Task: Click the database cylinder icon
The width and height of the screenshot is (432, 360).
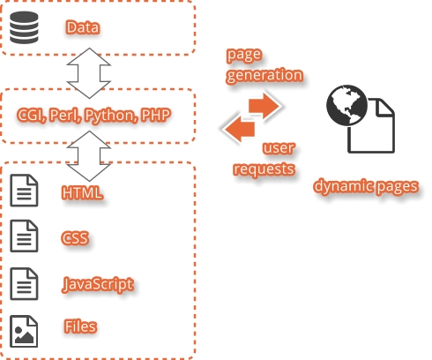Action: (x=24, y=27)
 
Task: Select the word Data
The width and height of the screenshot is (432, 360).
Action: (x=83, y=27)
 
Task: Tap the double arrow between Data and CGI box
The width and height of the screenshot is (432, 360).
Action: (x=89, y=73)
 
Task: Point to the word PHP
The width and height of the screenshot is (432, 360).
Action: (x=156, y=115)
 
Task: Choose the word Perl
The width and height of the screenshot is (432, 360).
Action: (x=64, y=115)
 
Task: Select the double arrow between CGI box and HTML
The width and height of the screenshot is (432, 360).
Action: (x=89, y=156)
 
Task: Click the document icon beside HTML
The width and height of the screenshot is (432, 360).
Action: (x=24, y=191)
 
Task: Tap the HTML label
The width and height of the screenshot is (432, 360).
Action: (x=82, y=192)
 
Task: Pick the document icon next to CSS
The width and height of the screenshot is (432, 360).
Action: (x=24, y=236)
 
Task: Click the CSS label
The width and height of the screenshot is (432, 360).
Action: (x=75, y=237)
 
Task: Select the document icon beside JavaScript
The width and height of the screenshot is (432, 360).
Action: (x=24, y=284)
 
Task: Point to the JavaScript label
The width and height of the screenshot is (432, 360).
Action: (x=98, y=284)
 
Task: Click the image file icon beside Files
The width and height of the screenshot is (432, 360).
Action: (x=24, y=332)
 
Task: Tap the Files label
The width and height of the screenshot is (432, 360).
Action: (x=80, y=326)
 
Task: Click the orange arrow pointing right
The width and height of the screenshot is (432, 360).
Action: (x=264, y=106)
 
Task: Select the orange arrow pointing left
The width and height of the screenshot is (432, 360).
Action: (x=240, y=130)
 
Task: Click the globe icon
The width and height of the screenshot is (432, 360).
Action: (x=347, y=105)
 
